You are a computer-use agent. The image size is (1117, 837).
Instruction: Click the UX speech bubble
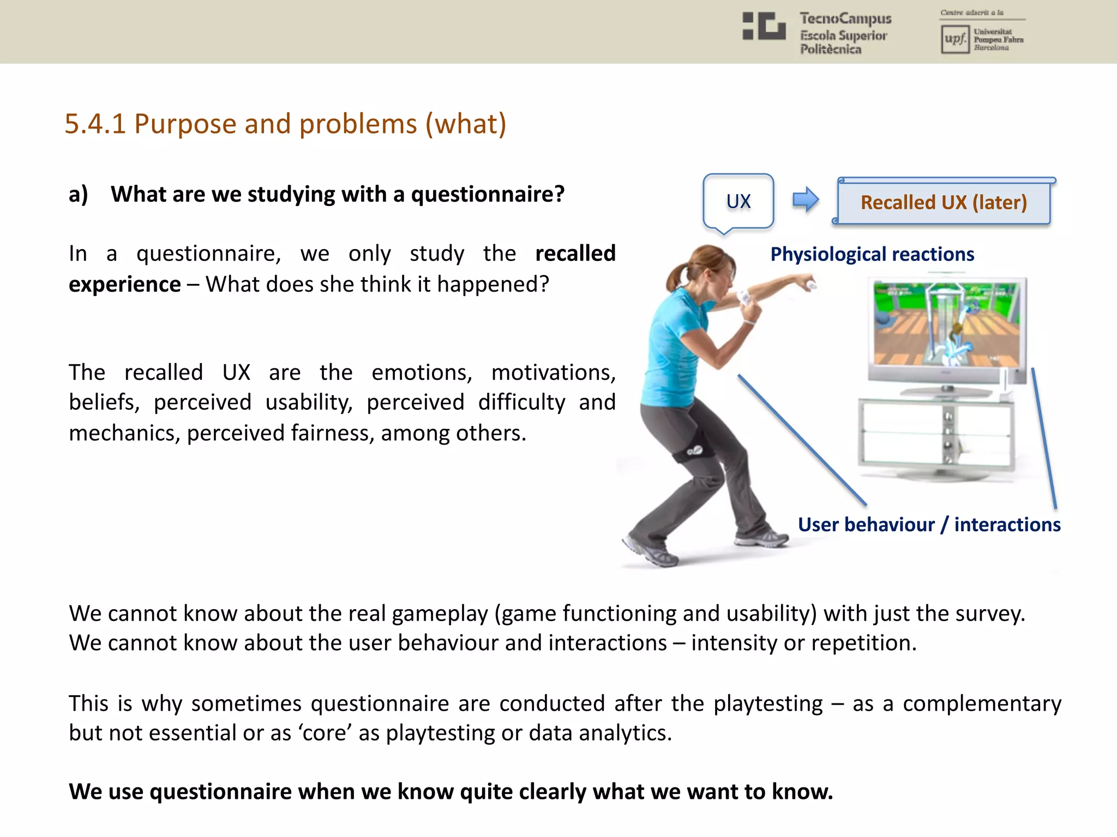tap(738, 201)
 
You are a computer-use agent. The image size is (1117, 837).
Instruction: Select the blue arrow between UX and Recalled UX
tap(806, 199)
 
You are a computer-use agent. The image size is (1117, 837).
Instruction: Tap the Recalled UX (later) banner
tap(944, 202)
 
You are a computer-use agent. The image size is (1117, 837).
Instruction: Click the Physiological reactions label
tap(872, 254)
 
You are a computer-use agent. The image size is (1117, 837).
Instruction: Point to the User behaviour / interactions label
tap(929, 524)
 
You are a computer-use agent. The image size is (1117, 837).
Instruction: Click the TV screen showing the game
tap(946, 324)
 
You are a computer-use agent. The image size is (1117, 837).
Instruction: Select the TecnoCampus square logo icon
tap(764, 26)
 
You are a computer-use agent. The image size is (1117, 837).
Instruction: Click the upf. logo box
tap(954, 39)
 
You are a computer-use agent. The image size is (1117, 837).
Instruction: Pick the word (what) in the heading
tap(466, 124)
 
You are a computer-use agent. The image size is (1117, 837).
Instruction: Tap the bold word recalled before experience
tap(575, 253)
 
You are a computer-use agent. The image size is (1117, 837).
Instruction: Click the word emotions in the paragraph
tap(422, 373)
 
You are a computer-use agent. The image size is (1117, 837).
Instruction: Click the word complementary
tap(982, 703)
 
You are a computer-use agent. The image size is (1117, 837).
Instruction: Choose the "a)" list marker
tap(79, 195)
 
